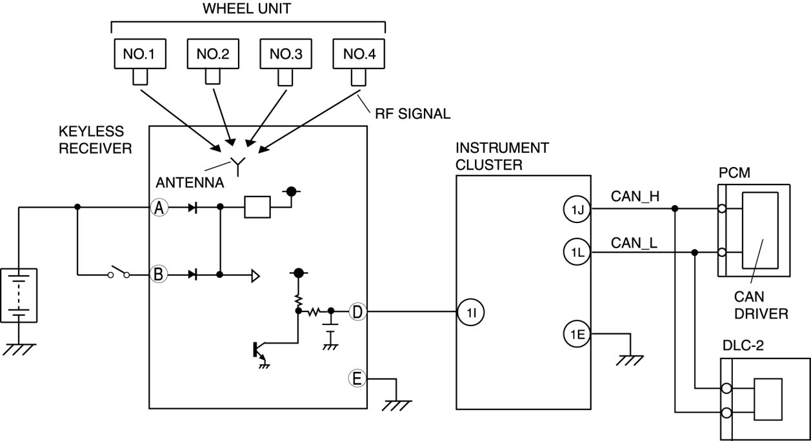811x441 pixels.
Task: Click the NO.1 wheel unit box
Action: tap(140, 54)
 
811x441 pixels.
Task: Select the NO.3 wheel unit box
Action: tap(286, 54)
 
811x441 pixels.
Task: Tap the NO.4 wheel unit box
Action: tap(359, 54)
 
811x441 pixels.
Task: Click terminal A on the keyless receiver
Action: tap(159, 208)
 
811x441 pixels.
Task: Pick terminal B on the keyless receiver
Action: tap(159, 274)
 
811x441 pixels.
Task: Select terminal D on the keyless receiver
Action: tap(357, 312)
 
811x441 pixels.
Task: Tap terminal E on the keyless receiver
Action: tap(357, 378)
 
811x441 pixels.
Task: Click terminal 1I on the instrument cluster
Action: tap(471, 312)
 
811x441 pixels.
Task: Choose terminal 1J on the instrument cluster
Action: tap(577, 209)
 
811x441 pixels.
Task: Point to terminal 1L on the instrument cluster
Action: tap(577, 252)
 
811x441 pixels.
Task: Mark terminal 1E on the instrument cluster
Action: tap(577, 334)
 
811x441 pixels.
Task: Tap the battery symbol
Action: tap(19, 295)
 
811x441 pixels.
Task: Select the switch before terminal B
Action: tap(119, 272)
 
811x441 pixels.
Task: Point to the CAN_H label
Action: tap(635, 197)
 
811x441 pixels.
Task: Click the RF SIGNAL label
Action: tap(413, 114)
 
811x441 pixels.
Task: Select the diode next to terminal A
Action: tap(193, 208)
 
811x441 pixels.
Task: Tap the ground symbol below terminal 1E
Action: tap(630, 360)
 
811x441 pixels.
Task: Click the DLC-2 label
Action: tap(743, 346)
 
